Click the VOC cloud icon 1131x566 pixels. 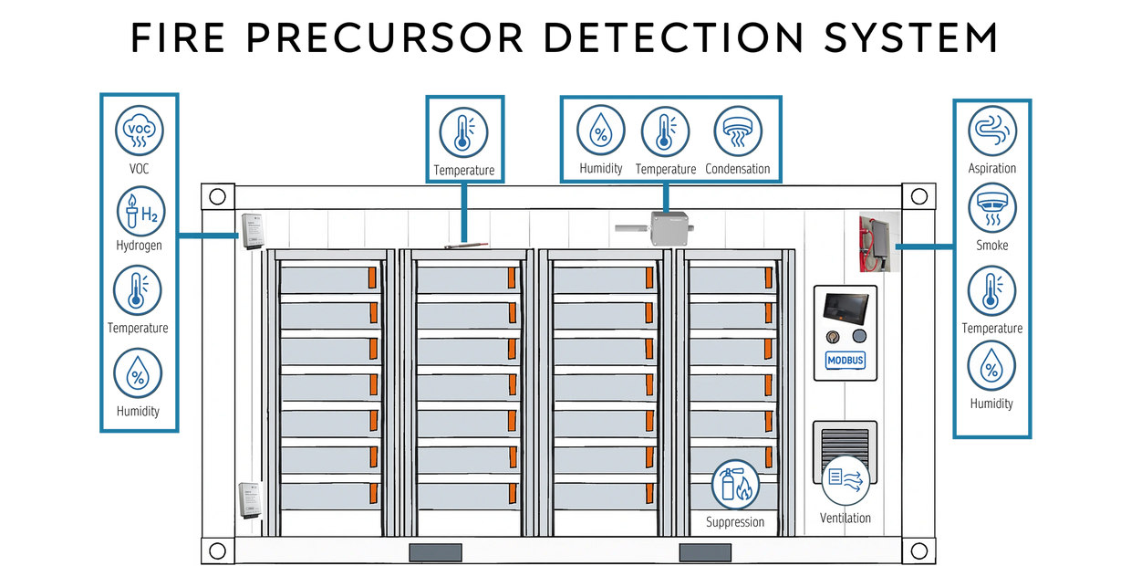click(140, 131)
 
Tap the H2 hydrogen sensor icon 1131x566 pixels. click(140, 211)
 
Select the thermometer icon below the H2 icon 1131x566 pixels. click(139, 292)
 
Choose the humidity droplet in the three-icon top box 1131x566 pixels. click(600, 131)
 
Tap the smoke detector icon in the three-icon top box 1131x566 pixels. click(737, 131)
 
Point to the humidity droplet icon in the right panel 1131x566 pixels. click(991, 365)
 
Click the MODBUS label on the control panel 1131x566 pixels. click(846, 361)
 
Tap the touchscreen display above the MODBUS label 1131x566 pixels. click(846, 308)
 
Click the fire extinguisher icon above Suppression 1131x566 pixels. click(735, 484)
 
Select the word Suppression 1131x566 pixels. click(735, 522)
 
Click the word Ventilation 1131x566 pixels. click(846, 519)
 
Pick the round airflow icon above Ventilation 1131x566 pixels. click(845, 480)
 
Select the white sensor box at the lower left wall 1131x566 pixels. click(250, 500)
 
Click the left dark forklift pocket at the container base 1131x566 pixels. click(435, 552)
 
